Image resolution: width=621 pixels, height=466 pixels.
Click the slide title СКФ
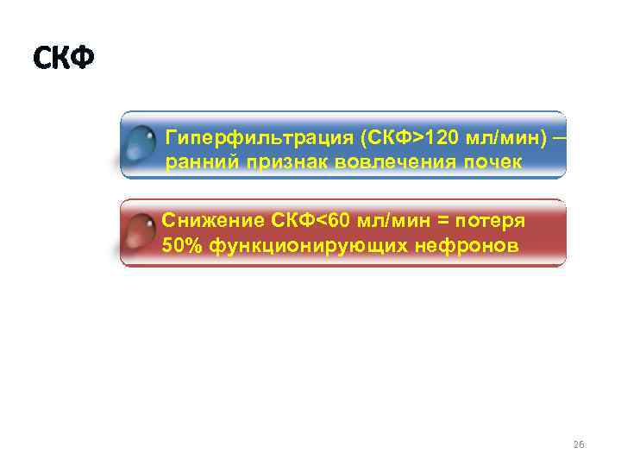pos(63,59)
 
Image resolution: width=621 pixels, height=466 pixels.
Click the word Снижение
pos(210,222)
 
